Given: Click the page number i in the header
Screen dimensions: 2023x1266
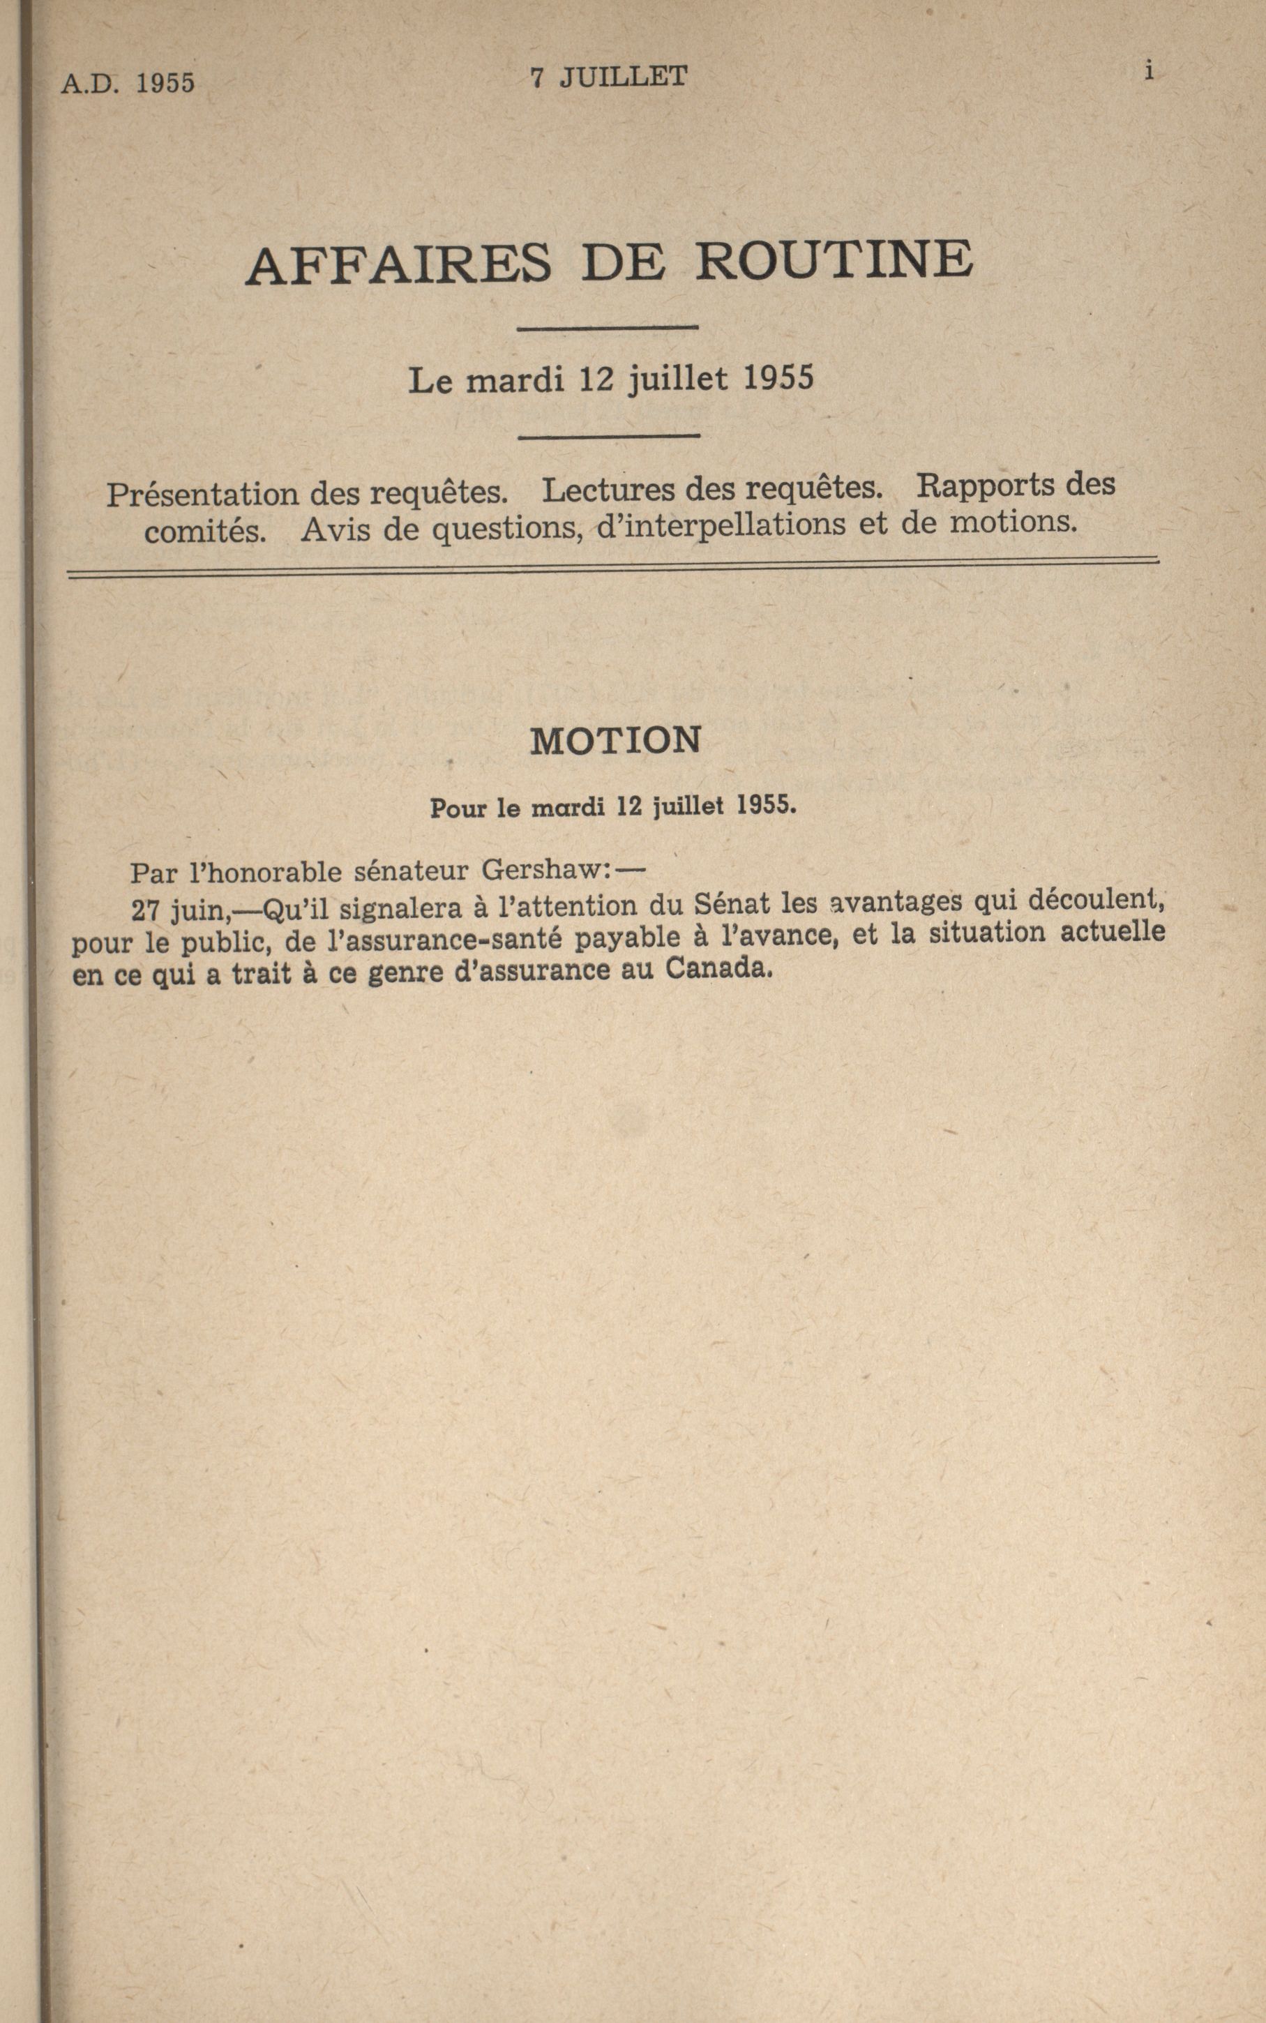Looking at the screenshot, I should tap(1150, 72).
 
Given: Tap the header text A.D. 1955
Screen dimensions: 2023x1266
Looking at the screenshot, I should tap(127, 83).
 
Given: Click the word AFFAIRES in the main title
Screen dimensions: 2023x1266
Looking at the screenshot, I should tap(398, 264).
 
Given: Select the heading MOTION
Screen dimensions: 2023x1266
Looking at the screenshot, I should tap(615, 741).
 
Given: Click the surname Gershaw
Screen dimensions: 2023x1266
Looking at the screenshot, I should tap(541, 870).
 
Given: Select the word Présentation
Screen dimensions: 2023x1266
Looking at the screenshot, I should tap(202, 494).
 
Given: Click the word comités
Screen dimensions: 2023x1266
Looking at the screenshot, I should tap(205, 532).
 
